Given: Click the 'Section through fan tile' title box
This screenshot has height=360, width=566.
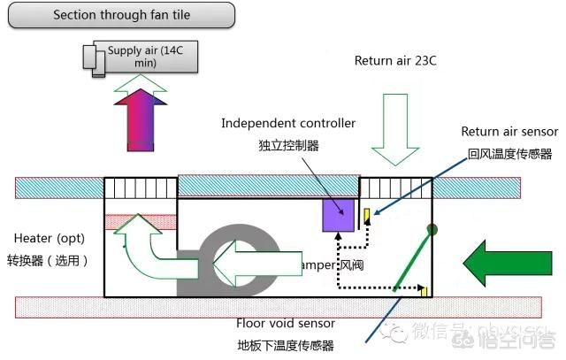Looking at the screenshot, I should [x=121, y=15].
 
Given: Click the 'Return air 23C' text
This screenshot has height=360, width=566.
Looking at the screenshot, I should [x=395, y=61].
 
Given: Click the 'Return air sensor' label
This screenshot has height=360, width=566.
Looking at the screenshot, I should [x=509, y=132].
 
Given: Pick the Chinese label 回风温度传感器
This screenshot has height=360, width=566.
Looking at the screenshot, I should [x=511, y=152].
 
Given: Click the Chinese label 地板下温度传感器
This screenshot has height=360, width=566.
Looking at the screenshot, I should [x=286, y=345].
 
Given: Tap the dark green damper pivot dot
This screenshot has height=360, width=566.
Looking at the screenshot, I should [x=432, y=230].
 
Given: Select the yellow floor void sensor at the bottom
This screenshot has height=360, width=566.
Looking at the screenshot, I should [x=424, y=292].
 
